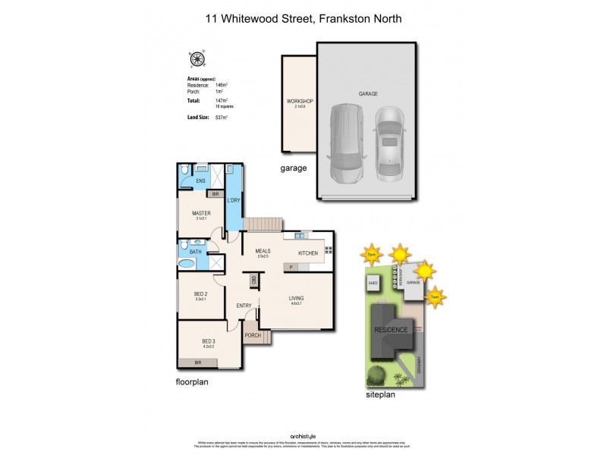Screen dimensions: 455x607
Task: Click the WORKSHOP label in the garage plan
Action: click(300, 102)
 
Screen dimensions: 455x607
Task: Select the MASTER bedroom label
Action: click(201, 213)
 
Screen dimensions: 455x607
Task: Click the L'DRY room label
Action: click(234, 200)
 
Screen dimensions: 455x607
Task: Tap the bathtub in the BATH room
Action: click(187, 264)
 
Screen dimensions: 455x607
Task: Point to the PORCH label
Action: click(253, 335)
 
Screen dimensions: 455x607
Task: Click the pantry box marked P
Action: click(291, 268)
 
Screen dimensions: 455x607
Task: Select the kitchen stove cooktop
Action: click(329, 249)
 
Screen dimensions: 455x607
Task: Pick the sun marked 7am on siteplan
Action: click(435, 296)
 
